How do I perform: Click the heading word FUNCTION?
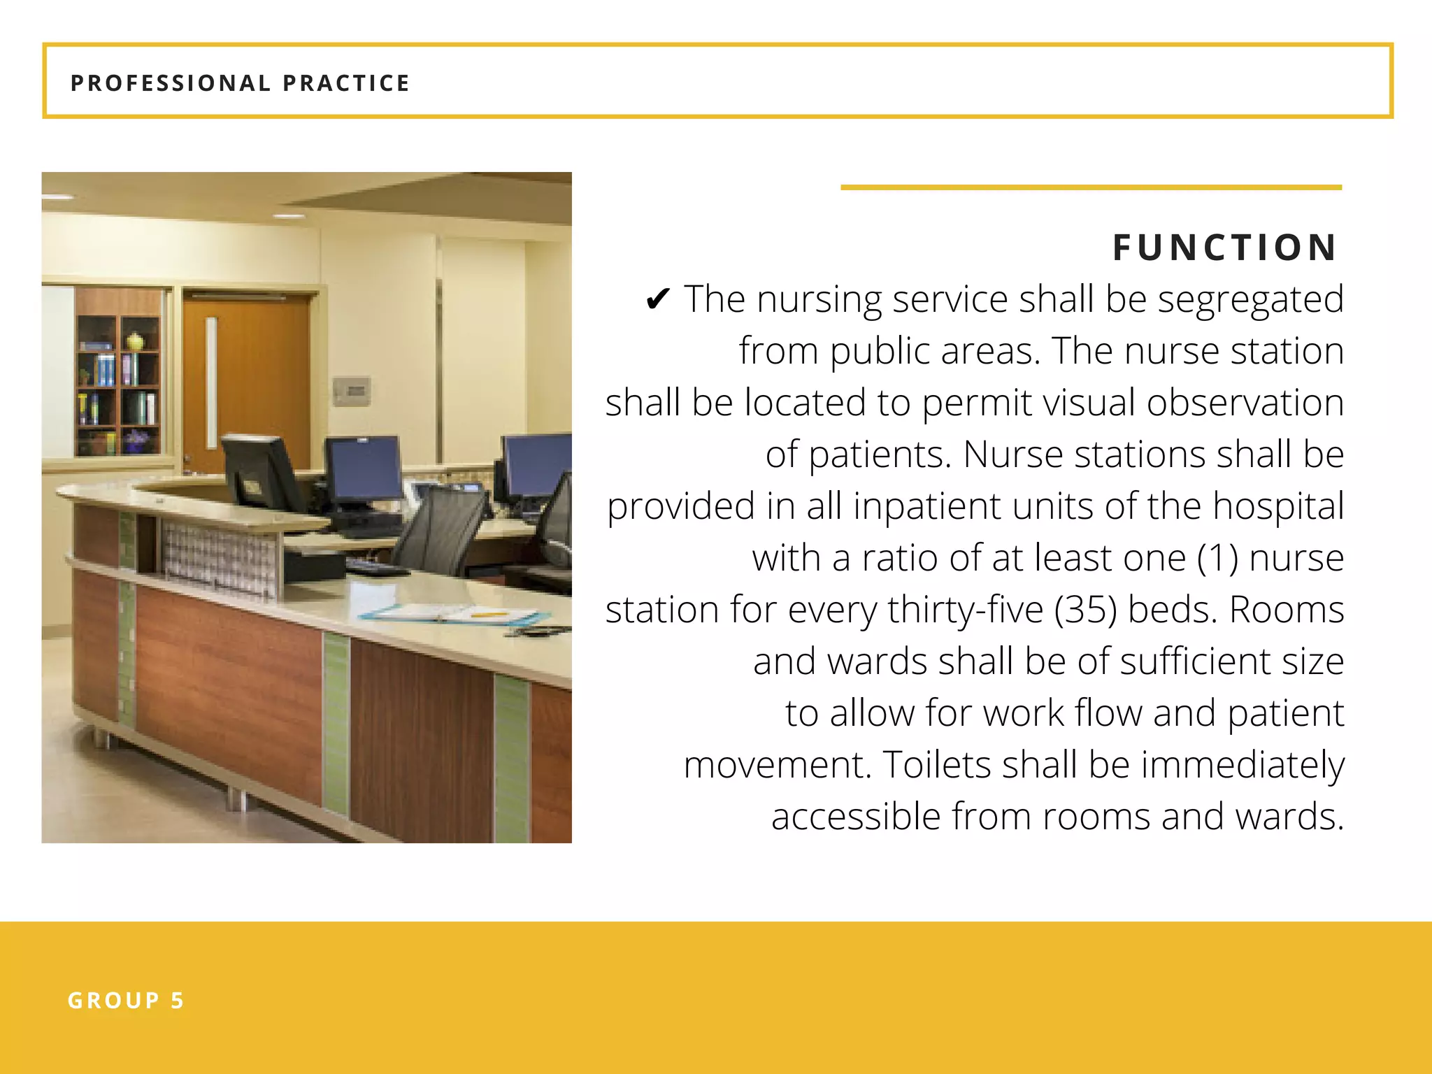1225,248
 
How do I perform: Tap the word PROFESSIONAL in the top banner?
171,83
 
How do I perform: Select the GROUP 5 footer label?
126,1001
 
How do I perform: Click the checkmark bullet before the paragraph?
658,300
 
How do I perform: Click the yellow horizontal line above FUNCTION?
1091,187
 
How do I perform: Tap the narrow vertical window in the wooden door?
211,383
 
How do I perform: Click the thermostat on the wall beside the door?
352,390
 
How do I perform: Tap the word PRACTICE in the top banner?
346,83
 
